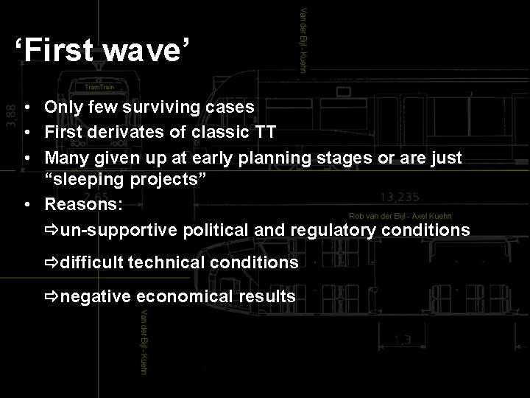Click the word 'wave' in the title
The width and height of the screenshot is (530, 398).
click(x=144, y=52)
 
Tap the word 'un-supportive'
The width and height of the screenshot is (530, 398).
click(x=119, y=231)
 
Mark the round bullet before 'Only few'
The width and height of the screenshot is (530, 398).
click(x=26, y=108)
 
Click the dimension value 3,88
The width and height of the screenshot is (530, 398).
click(x=10, y=114)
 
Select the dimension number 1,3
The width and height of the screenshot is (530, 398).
click(x=402, y=341)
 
